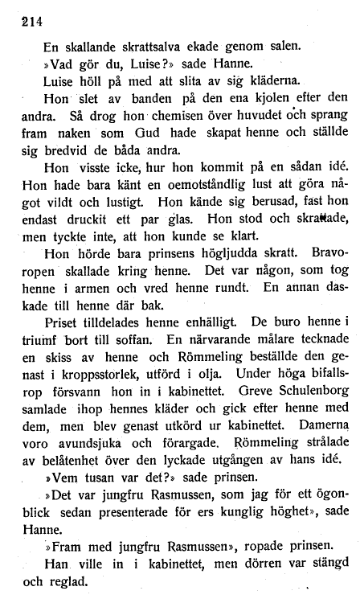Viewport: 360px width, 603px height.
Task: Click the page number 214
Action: (30, 23)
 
